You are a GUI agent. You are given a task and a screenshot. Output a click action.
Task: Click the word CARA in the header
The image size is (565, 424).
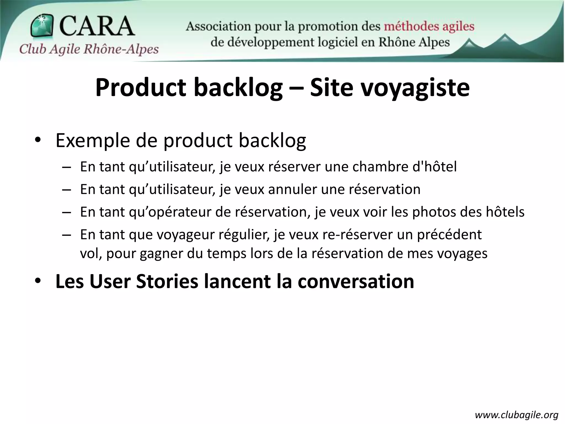[97, 26]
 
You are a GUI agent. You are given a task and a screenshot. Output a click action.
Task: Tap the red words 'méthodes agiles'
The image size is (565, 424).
[429, 27]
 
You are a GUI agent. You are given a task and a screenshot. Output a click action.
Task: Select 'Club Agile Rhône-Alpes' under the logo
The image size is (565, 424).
[89, 49]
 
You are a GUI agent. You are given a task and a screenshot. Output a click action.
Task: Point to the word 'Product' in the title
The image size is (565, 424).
[141, 88]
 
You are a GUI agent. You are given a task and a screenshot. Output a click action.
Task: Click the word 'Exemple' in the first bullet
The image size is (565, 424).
[93, 141]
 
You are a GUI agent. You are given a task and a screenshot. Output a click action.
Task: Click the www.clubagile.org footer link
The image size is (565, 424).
[516, 415]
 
